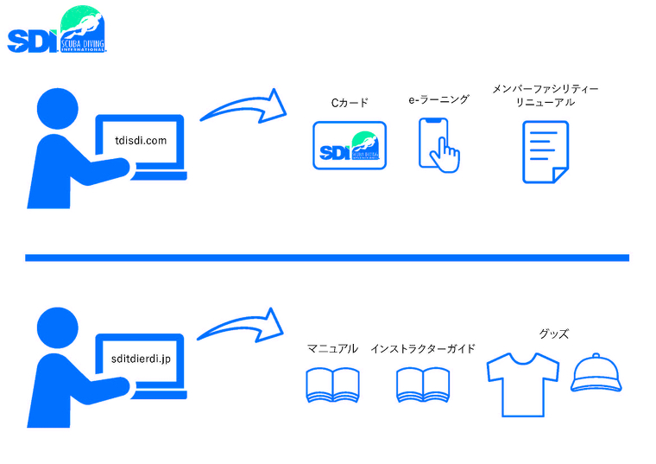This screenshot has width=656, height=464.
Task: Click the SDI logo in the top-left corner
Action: (x=57, y=31)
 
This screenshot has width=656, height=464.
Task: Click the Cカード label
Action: (x=350, y=103)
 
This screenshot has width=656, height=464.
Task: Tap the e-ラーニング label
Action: (x=438, y=100)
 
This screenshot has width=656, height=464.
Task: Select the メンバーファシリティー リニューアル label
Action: (x=545, y=95)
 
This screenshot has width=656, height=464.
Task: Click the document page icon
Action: (x=546, y=150)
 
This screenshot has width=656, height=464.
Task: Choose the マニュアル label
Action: (x=332, y=349)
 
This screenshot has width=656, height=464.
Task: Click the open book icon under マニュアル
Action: (x=332, y=385)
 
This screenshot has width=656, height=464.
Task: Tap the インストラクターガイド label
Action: (x=422, y=349)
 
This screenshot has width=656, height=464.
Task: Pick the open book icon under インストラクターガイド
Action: (x=422, y=385)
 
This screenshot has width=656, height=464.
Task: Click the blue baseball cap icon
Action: (x=596, y=373)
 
